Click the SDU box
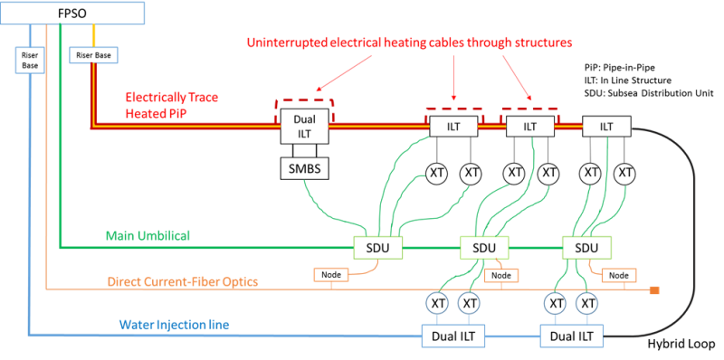coord(484,247)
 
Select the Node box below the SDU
coord(500,275)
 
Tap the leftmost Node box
coord(330,274)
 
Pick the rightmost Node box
coord(619,275)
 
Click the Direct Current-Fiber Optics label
coord(183,281)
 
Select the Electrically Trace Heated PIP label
coord(172,104)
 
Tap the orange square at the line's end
coord(653,290)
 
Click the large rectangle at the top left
coord(72,14)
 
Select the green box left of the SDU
coord(378,247)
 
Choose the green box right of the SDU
coord(586,247)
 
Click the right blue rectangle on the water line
coord(571,336)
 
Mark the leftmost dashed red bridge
coord(304,99)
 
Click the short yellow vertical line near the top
coord(94,35)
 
